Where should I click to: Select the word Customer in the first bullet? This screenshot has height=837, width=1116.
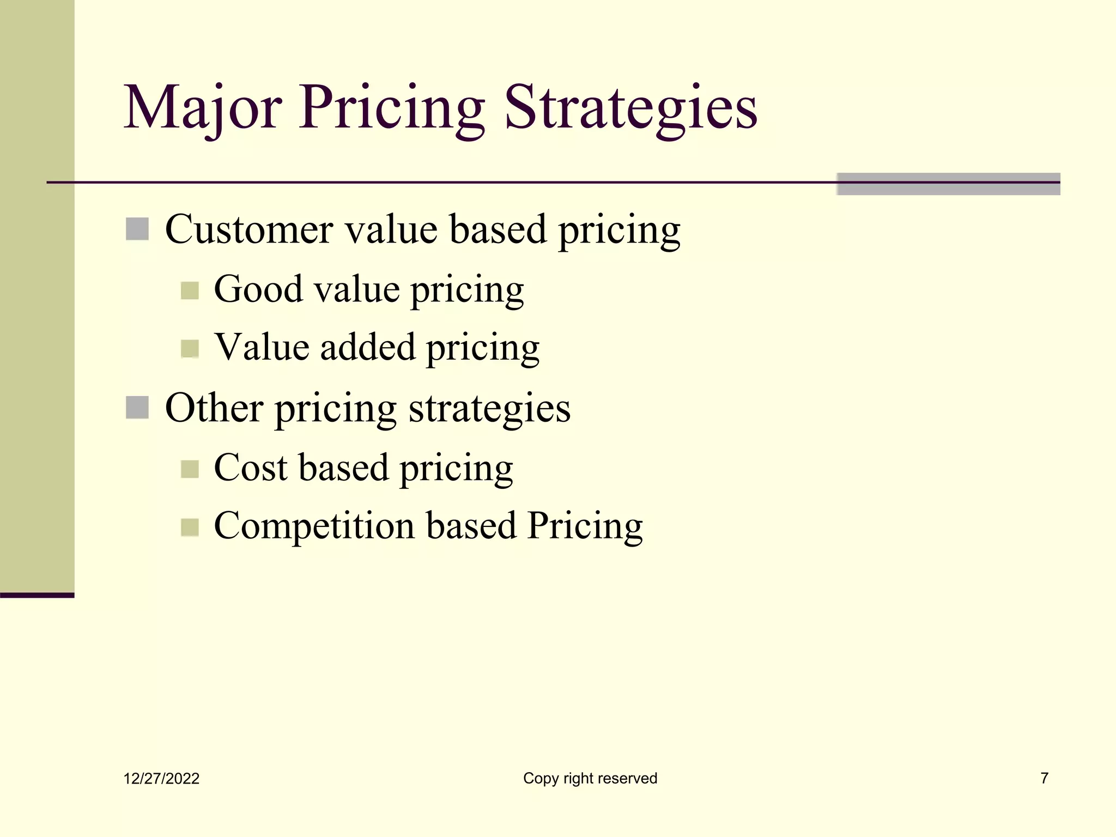click(248, 229)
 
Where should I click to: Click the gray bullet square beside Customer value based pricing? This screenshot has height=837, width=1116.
click(137, 229)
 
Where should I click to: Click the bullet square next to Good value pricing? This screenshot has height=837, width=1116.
click(190, 290)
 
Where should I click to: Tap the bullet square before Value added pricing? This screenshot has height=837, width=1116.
click(190, 349)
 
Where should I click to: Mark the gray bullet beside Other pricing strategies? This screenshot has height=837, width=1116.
click(137, 408)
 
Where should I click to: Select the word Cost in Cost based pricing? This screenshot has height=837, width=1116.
click(250, 468)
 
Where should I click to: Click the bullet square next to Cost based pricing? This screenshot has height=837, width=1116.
click(190, 469)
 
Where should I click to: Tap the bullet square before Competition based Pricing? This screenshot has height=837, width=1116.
click(190, 527)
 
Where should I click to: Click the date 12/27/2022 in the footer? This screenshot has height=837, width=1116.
click(161, 779)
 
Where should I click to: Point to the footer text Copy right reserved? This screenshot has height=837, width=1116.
click(590, 778)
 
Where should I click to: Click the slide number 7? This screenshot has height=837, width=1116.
click(1044, 778)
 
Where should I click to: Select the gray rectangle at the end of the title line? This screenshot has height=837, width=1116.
click(948, 184)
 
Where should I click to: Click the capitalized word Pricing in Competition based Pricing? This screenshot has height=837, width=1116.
click(585, 526)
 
